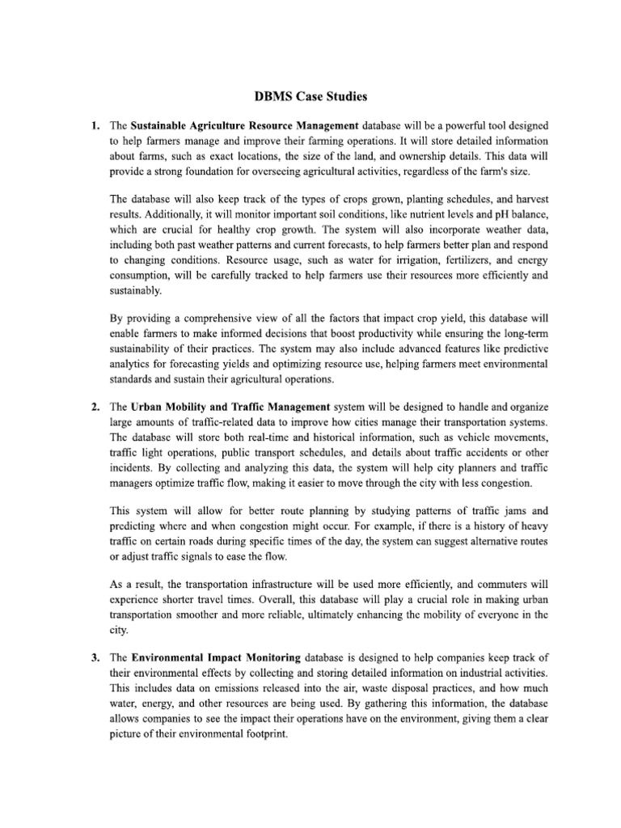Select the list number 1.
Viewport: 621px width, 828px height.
[95, 126]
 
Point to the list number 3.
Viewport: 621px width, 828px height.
[95, 657]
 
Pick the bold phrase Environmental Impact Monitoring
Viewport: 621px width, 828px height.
[216, 657]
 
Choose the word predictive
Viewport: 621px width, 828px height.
[517, 348]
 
